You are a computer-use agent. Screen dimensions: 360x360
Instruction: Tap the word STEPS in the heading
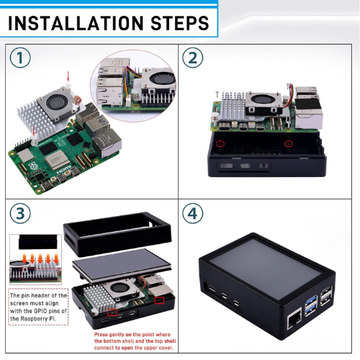[x=180, y=23]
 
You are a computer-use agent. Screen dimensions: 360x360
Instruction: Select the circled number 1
[x=20, y=58]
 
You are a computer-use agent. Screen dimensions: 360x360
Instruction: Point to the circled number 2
[x=193, y=58]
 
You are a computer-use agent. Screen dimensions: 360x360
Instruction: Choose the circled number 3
[x=20, y=213]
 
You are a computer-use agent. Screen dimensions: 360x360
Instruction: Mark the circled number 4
[x=193, y=213]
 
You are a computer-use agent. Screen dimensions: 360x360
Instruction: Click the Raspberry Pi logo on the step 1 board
[x=32, y=166]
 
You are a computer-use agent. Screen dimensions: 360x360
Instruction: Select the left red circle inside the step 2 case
[x=220, y=144]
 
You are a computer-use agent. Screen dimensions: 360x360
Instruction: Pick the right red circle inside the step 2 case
[x=289, y=144]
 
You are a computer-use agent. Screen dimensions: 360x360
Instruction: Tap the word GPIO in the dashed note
[x=42, y=311]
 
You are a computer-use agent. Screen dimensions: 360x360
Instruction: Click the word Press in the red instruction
[x=101, y=335]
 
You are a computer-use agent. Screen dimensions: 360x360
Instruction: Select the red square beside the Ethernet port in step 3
[x=159, y=300]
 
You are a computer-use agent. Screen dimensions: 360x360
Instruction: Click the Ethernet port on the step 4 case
[x=294, y=319]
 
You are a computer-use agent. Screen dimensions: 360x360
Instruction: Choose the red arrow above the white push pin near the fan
[x=68, y=76]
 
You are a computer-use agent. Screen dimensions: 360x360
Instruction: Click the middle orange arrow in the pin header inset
[x=40, y=259]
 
